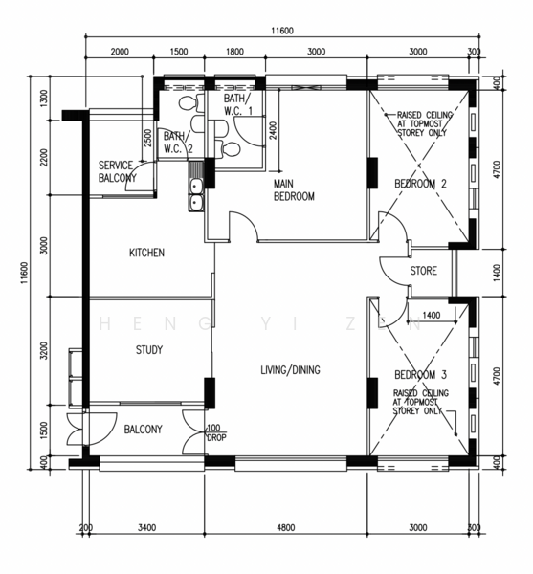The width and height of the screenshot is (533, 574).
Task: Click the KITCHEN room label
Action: point(146,253)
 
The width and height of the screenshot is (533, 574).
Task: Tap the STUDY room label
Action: point(149,350)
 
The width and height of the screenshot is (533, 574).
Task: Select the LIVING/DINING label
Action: point(290,370)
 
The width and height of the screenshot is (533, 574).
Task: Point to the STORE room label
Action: point(423,271)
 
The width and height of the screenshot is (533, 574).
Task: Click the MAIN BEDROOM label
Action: point(294,190)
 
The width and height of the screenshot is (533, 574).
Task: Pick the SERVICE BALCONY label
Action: point(117,171)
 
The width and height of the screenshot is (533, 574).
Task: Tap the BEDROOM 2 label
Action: point(421,183)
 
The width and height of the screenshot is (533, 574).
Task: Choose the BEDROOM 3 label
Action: point(421,374)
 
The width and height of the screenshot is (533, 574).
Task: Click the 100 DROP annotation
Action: point(216,432)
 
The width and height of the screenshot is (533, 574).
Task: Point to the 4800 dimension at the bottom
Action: point(286,527)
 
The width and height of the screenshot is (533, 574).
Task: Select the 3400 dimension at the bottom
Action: point(146,527)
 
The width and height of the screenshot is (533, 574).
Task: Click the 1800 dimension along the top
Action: point(234,52)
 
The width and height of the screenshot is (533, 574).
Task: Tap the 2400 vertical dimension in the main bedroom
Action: point(273,130)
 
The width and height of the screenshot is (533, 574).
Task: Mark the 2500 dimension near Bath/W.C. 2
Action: point(148,138)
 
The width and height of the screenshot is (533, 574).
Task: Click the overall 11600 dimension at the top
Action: point(282,31)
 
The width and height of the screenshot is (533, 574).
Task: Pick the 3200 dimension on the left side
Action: point(44,350)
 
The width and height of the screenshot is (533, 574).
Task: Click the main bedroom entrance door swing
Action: point(244,225)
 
